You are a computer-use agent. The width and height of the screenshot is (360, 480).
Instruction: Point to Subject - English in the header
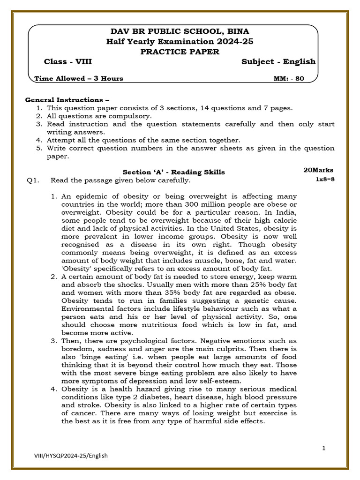(278, 62)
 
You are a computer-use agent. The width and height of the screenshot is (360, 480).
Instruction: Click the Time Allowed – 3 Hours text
(79, 79)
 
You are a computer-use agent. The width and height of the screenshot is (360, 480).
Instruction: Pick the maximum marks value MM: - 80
(289, 79)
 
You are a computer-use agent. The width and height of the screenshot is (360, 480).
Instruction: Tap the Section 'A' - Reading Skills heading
(173, 172)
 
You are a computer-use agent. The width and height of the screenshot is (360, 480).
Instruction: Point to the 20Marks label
(318, 170)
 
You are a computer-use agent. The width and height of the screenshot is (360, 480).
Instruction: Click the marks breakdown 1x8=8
(325, 180)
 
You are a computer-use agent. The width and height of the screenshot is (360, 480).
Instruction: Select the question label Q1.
(32, 180)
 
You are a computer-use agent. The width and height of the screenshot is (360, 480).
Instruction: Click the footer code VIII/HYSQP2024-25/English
(71, 455)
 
